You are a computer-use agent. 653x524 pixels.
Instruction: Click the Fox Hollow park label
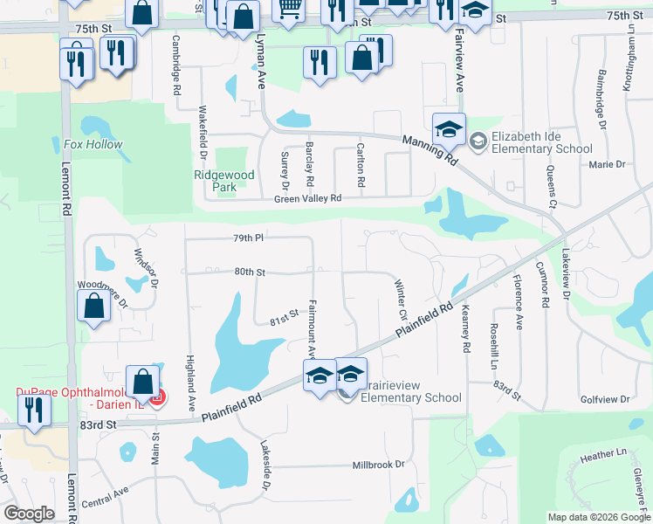[x=93, y=144]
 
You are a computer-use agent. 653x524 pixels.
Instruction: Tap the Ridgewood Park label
[x=224, y=181]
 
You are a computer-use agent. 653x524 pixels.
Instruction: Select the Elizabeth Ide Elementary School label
[x=542, y=142]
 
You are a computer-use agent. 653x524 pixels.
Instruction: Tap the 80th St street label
[x=250, y=272]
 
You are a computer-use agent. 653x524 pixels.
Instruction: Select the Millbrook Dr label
[x=379, y=465]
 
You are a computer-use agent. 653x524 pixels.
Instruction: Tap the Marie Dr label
[x=608, y=164]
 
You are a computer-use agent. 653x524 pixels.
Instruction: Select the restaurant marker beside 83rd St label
[x=33, y=409]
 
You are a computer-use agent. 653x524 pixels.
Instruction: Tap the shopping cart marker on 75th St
[x=288, y=9]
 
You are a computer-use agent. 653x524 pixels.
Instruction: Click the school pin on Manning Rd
[x=449, y=128]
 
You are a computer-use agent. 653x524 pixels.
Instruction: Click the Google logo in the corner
[x=29, y=514]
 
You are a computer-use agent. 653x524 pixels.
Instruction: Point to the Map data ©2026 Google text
[x=599, y=517]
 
